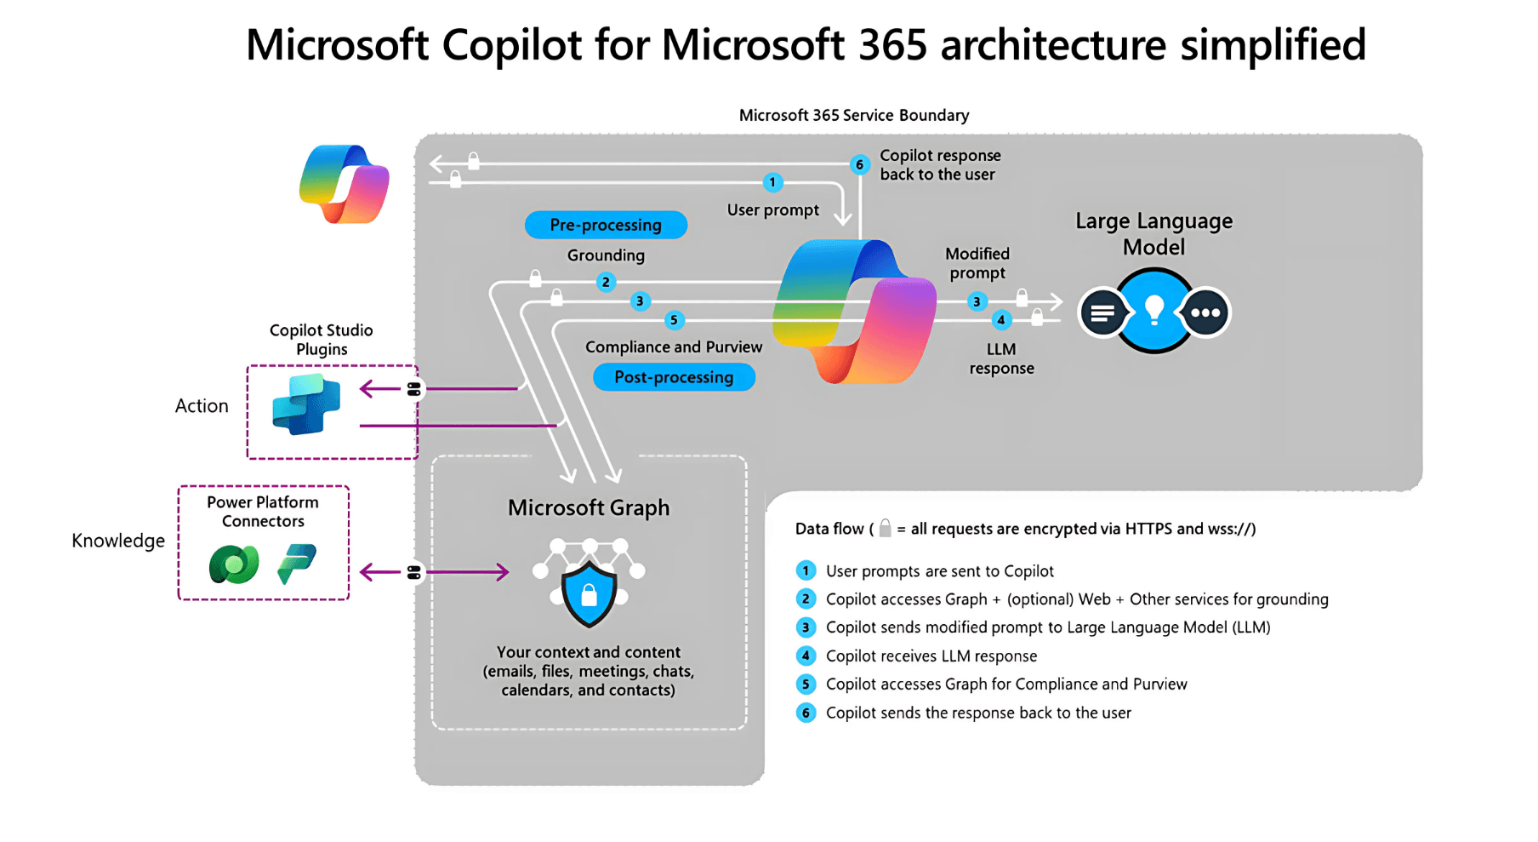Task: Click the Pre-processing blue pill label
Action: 606,225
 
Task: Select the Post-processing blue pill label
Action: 674,377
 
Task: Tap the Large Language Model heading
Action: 1153,233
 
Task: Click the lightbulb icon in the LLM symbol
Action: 1153,311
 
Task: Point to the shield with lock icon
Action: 589,593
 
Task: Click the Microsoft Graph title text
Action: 589,507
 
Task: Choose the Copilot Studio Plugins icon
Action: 306,404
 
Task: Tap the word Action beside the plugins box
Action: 202,406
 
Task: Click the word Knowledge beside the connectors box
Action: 118,541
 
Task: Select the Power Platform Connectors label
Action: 263,512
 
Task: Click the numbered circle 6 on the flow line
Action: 859,164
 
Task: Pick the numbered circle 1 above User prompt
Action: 772,182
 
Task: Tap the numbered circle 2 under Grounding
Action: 606,282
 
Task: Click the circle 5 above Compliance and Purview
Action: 674,320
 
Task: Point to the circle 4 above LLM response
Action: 1001,320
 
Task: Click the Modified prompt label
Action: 977,263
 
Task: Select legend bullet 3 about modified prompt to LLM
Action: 806,627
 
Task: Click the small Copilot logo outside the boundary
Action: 345,184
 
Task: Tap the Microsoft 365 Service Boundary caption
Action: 854,115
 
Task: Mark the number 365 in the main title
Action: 892,44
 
